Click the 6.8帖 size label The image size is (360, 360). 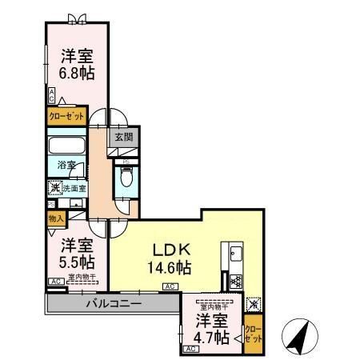pos(75,72)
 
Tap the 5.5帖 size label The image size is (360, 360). pos(75,262)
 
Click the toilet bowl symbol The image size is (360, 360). pos(125,178)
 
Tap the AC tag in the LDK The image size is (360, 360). pos(170,286)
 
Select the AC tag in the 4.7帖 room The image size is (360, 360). pos(190,350)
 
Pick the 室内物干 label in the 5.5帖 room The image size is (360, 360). pos(82,278)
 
